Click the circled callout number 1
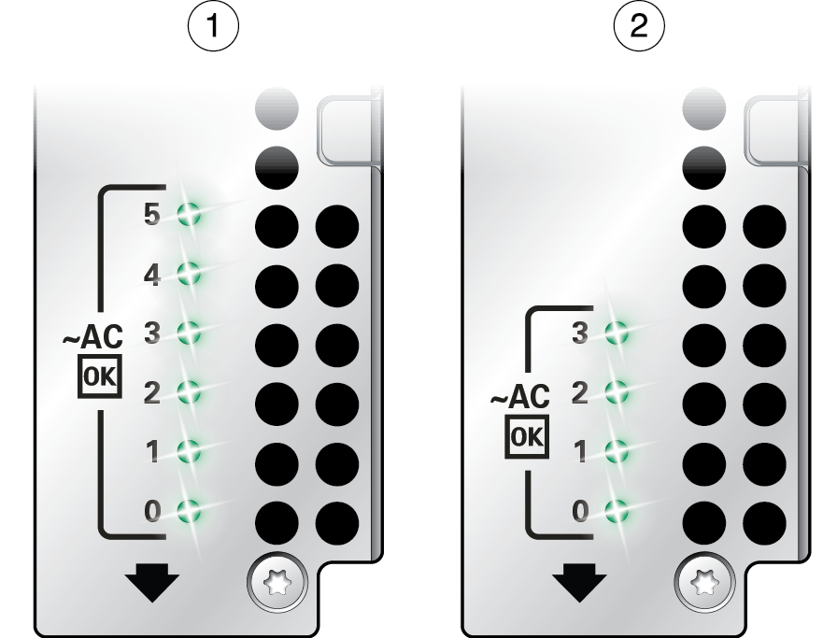click(213, 25)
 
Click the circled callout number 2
click(639, 25)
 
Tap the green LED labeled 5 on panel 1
click(189, 214)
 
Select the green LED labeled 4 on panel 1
click(189, 274)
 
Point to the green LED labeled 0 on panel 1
click(189, 511)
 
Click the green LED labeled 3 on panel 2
click(616, 333)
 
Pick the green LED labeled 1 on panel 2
click(616, 451)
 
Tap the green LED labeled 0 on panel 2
click(616, 511)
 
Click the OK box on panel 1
click(100, 376)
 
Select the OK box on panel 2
click(527, 437)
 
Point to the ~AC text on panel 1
click(92, 337)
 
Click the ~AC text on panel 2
click(520, 397)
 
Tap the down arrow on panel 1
click(152, 582)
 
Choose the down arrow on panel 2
click(579, 582)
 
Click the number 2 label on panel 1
click(152, 393)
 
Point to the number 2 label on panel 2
click(580, 393)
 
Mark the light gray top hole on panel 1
click(277, 108)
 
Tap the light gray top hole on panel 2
click(704, 108)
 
